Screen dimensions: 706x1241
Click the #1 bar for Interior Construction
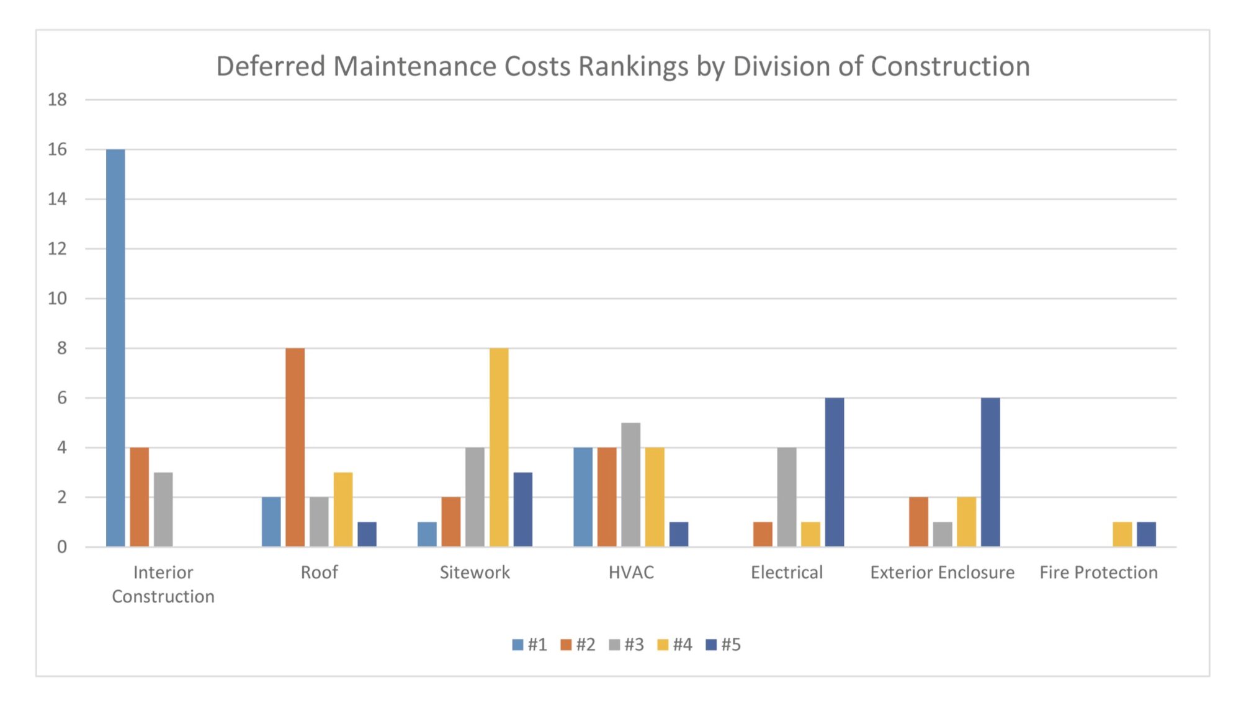pyautogui.click(x=115, y=348)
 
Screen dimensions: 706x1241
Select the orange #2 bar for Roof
pyautogui.click(x=295, y=447)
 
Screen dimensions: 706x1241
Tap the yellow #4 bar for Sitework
pyautogui.click(x=499, y=447)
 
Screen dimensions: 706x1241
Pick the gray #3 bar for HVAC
pyautogui.click(x=630, y=484)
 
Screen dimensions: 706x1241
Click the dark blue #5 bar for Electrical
pyautogui.click(x=835, y=472)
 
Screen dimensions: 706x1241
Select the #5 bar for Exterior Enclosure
pyautogui.click(x=990, y=472)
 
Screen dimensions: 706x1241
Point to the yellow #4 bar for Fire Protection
pyautogui.click(x=1122, y=534)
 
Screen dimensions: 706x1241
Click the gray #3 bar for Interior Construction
pyautogui.click(x=163, y=510)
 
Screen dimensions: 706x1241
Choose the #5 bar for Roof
pyautogui.click(x=367, y=534)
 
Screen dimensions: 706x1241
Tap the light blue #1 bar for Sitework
pyautogui.click(x=427, y=534)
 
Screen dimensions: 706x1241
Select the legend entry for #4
pyautogui.click(x=674, y=645)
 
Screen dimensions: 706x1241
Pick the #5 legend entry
pyautogui.click(x=724, y=645)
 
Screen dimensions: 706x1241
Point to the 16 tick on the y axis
pyautogui.click(x=57, y=149)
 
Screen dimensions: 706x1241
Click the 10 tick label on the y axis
pyautogui.click(x=57, y=299)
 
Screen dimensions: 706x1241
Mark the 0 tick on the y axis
pyautogui.click(x=61, y=547)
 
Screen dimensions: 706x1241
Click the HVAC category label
pyautogui.click(x=631, y=572)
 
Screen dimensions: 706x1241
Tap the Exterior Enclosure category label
pyautogui.click(x=942, y=572)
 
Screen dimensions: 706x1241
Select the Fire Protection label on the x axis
pyautogui.click(x=1098, y=572)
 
